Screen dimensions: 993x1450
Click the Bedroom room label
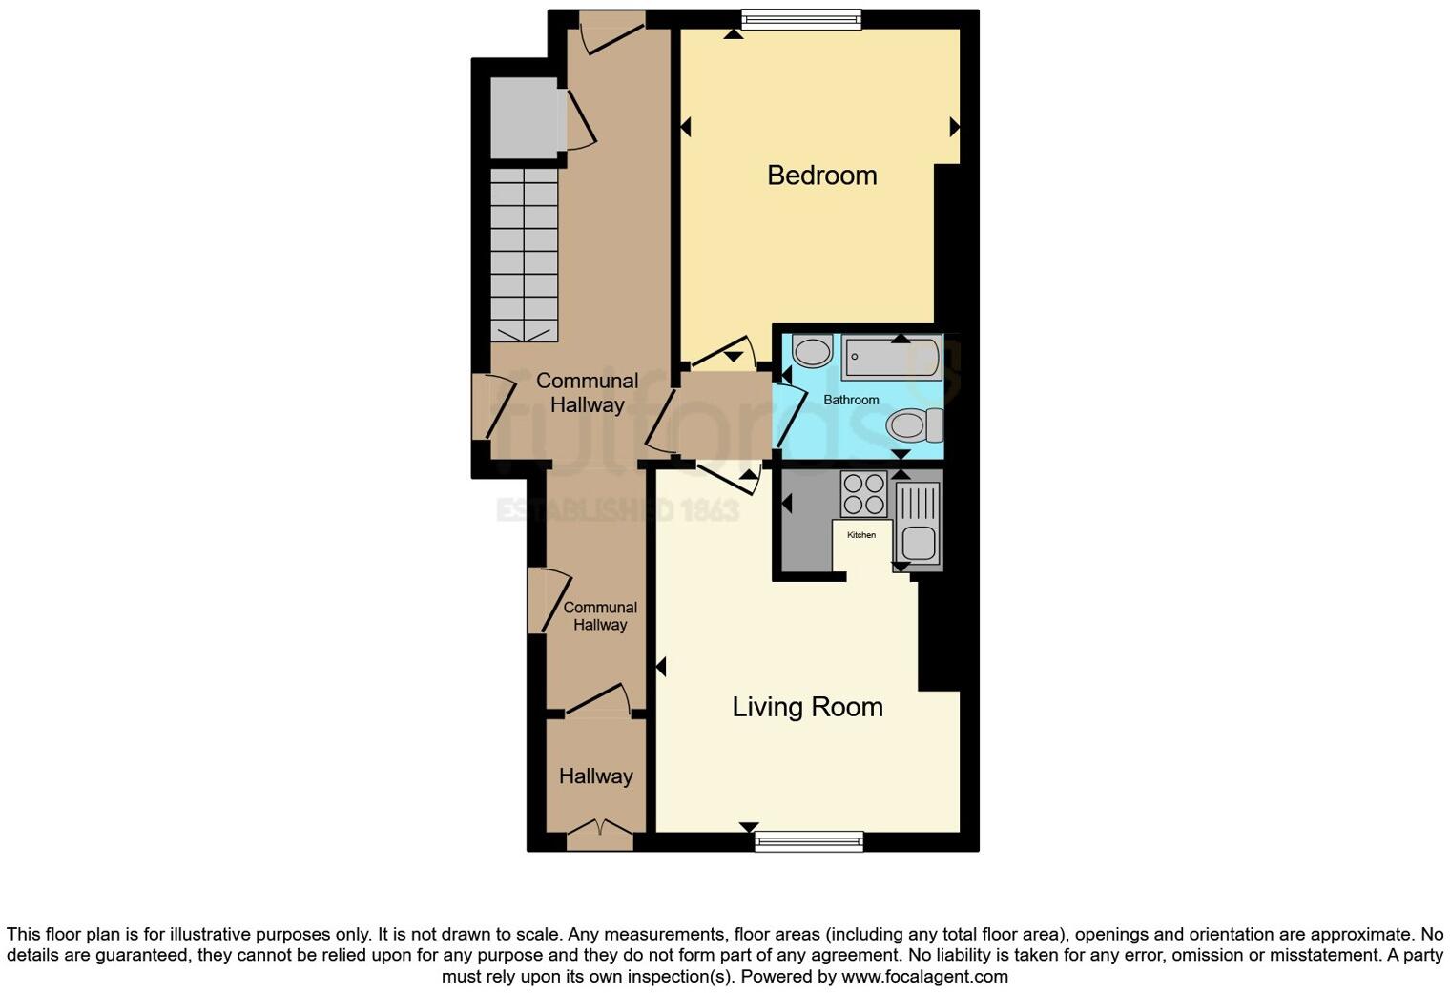tap(821, 176)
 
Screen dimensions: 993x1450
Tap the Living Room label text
tap(807, 707)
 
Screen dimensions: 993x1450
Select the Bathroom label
tap(851, 400)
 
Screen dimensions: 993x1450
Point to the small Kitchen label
tap(860, 535)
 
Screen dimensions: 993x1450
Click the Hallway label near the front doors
tap(595, 776)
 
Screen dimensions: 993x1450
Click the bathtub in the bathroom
tap(891, 358)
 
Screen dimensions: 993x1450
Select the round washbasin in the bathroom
tap(813, 351)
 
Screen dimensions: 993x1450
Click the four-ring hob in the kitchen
tap(863, 494)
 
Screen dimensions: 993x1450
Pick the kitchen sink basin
tap(919, 542)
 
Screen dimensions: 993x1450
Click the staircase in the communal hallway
tap(524, 255)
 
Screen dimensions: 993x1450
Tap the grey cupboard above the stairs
tap(523, 118)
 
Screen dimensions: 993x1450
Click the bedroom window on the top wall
tap(801, 19)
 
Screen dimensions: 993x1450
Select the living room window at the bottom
tap(809, 841)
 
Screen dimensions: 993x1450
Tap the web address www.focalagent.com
tap(924, 976)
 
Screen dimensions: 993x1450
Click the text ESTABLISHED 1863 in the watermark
tap(617, 510)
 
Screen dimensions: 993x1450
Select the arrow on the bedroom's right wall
tap(954, 127)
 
